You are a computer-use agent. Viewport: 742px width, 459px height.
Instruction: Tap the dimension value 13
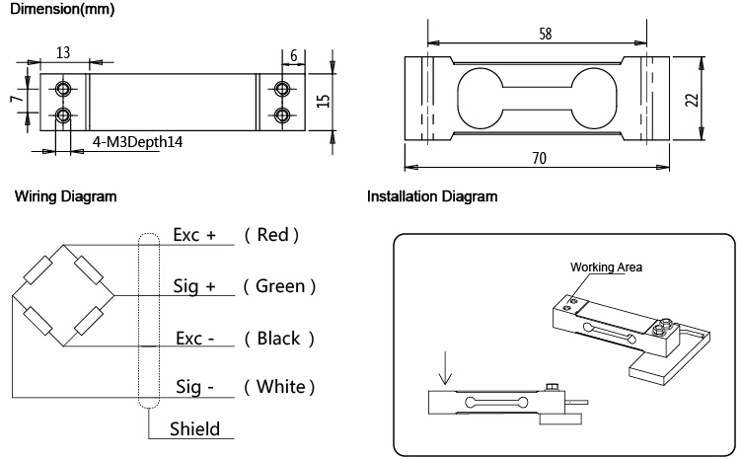pos(63,51)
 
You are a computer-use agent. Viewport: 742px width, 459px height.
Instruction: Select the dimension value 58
pos(546,33)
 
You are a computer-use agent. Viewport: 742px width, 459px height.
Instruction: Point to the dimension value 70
pos(539,159)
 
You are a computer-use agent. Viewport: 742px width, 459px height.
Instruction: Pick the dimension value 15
pos(322,101)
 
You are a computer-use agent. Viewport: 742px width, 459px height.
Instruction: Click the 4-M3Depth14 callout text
pos(138,142)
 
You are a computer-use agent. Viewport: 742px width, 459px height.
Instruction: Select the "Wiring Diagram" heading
pos(65,196)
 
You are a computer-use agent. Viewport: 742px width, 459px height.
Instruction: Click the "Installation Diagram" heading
pos(432,196)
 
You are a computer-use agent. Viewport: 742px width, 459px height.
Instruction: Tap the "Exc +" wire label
pos(194,235)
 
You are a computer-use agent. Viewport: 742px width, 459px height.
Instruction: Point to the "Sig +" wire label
pos(194,286)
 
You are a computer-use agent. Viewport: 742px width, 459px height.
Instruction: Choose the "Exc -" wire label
pos(195,338)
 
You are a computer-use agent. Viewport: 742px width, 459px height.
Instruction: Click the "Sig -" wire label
pos(194,386)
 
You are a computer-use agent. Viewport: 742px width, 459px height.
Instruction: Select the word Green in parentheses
pos(279,286)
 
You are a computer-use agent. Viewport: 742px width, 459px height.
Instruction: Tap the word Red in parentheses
pos(271,235)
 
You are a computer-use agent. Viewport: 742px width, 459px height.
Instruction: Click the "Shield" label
pos(195,429)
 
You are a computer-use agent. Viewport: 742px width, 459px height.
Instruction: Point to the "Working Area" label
pos(606,268)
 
